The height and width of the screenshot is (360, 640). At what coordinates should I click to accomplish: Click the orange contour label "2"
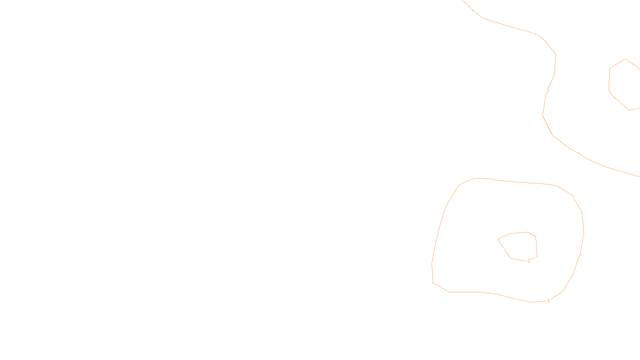click(x=529, y=261)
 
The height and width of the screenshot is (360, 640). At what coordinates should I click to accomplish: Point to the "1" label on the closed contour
click(x=548, y=300)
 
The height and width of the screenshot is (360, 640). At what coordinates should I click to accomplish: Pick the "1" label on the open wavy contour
click(x=548, y=89)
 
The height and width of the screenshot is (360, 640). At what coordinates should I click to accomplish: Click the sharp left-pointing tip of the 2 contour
click(x=498, y=239)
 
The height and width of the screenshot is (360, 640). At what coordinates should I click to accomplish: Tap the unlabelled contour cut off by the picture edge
click(x=609, y=80)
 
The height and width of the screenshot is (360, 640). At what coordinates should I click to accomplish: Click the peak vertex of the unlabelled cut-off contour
click(x=626, y=60)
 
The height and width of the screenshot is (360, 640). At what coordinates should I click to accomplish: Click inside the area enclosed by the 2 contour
click(x=520, y=246)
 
